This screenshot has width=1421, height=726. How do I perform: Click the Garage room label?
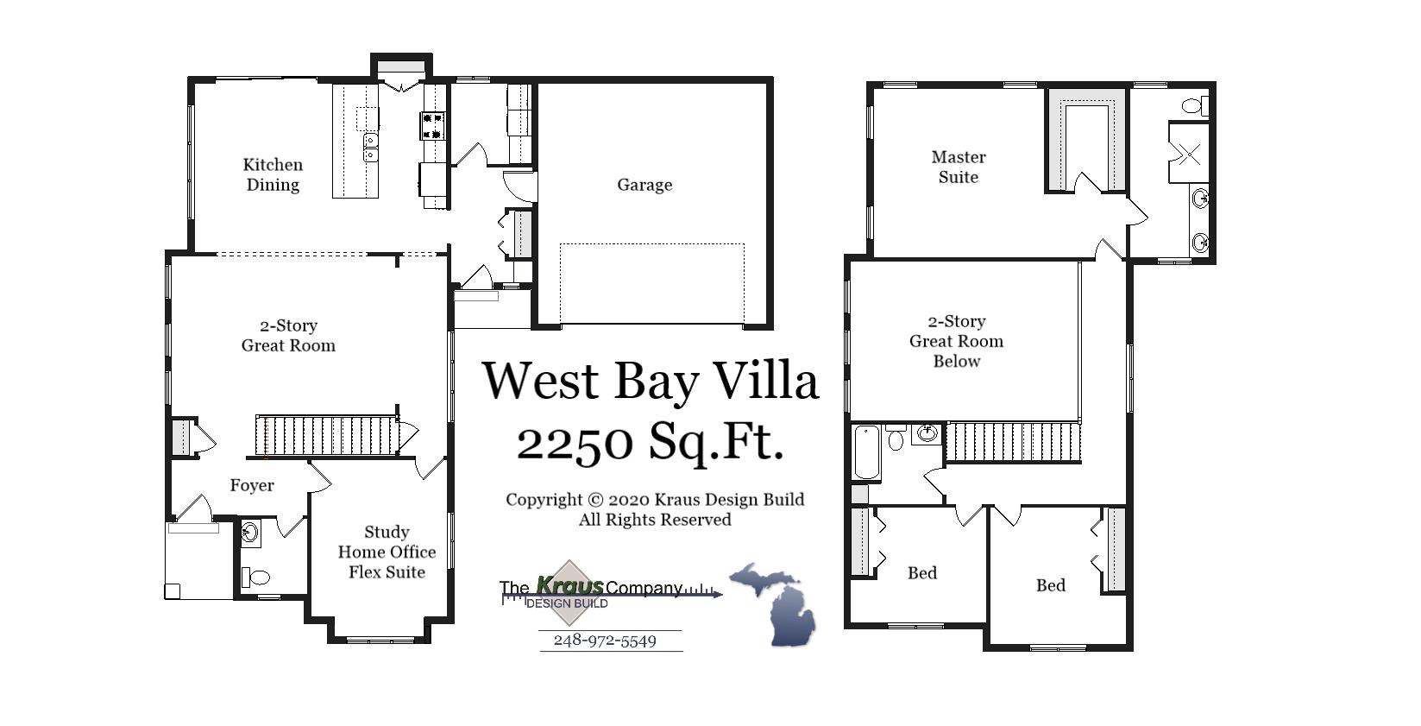[644, 185]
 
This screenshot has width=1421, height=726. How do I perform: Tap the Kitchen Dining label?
[273, 174]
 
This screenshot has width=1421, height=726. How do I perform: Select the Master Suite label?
[958, 167]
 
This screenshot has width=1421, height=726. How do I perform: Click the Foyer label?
[252, 486]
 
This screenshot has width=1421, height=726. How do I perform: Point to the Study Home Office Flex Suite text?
[387, 552]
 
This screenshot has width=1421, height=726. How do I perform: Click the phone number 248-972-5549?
[604, 641]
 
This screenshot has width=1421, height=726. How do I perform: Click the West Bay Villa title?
[649, 381]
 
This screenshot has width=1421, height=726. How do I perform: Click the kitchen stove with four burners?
[432, 125]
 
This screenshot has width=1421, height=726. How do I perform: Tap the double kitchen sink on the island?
[370, 148]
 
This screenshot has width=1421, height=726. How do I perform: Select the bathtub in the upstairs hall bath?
[865, 451]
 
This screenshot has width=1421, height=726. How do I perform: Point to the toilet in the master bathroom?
[1195, 107]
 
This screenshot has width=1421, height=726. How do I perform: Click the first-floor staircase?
[326, 435]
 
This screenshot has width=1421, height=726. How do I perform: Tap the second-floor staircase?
[1013, 442]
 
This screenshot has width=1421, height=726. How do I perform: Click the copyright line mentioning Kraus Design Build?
[654, 500]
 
